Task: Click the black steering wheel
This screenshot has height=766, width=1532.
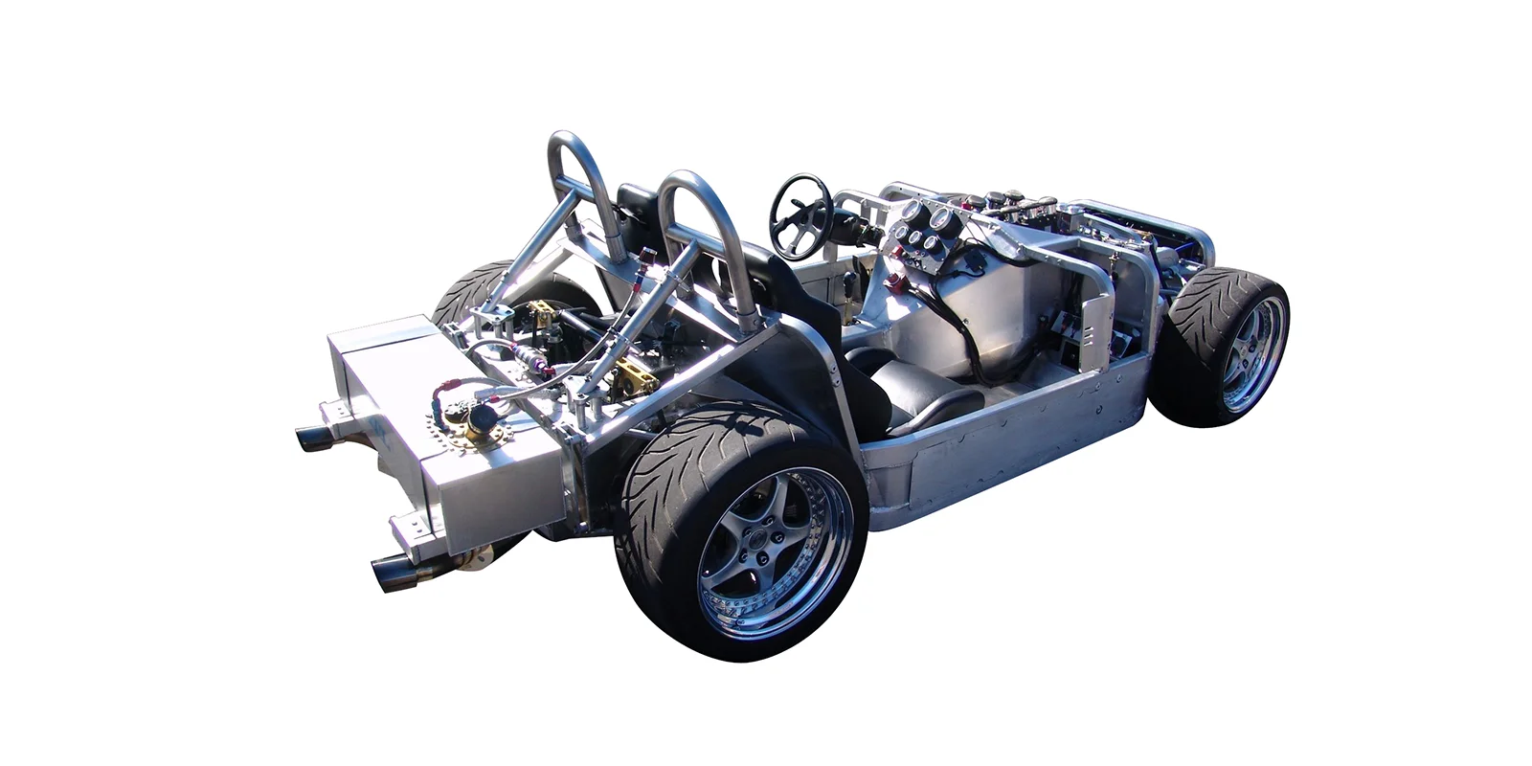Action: click(800, 214)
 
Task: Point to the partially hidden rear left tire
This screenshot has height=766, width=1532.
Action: click(474, 287)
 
